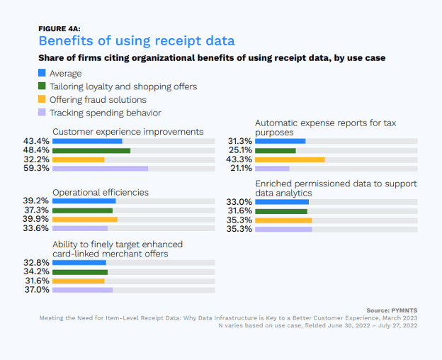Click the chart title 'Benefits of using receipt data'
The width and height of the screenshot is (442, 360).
(136, 40)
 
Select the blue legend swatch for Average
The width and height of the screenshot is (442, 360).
(42, 73)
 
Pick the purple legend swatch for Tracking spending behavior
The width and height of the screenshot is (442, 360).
(42, 112)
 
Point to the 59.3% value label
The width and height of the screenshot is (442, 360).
(36, 169)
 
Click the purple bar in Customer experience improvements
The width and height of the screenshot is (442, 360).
(100, 169)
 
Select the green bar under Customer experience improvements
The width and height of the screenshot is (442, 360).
(91, 150)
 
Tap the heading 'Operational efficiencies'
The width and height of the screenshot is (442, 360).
(101, 192)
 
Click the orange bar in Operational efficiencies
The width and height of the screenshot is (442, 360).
(84, 220)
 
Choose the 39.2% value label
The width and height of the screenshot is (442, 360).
(36, 201)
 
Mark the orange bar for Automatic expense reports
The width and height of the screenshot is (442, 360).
(290, 159)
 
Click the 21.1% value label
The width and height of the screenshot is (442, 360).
(239, 169)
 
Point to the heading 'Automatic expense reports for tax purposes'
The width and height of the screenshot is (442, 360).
(325, 127)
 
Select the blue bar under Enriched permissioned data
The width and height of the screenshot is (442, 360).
(281, 202)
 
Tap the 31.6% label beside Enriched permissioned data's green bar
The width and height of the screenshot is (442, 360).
(239, 210)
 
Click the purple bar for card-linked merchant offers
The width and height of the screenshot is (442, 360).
(82, 290)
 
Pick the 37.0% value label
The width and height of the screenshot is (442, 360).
(36, 290)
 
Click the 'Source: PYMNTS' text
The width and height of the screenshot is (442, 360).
(394, 310)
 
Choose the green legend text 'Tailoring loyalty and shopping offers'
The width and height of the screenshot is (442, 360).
(123, 86)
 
